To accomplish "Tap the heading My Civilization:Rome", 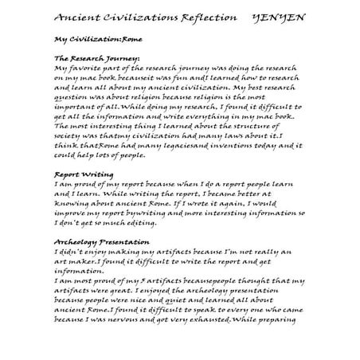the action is pos(88,38).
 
